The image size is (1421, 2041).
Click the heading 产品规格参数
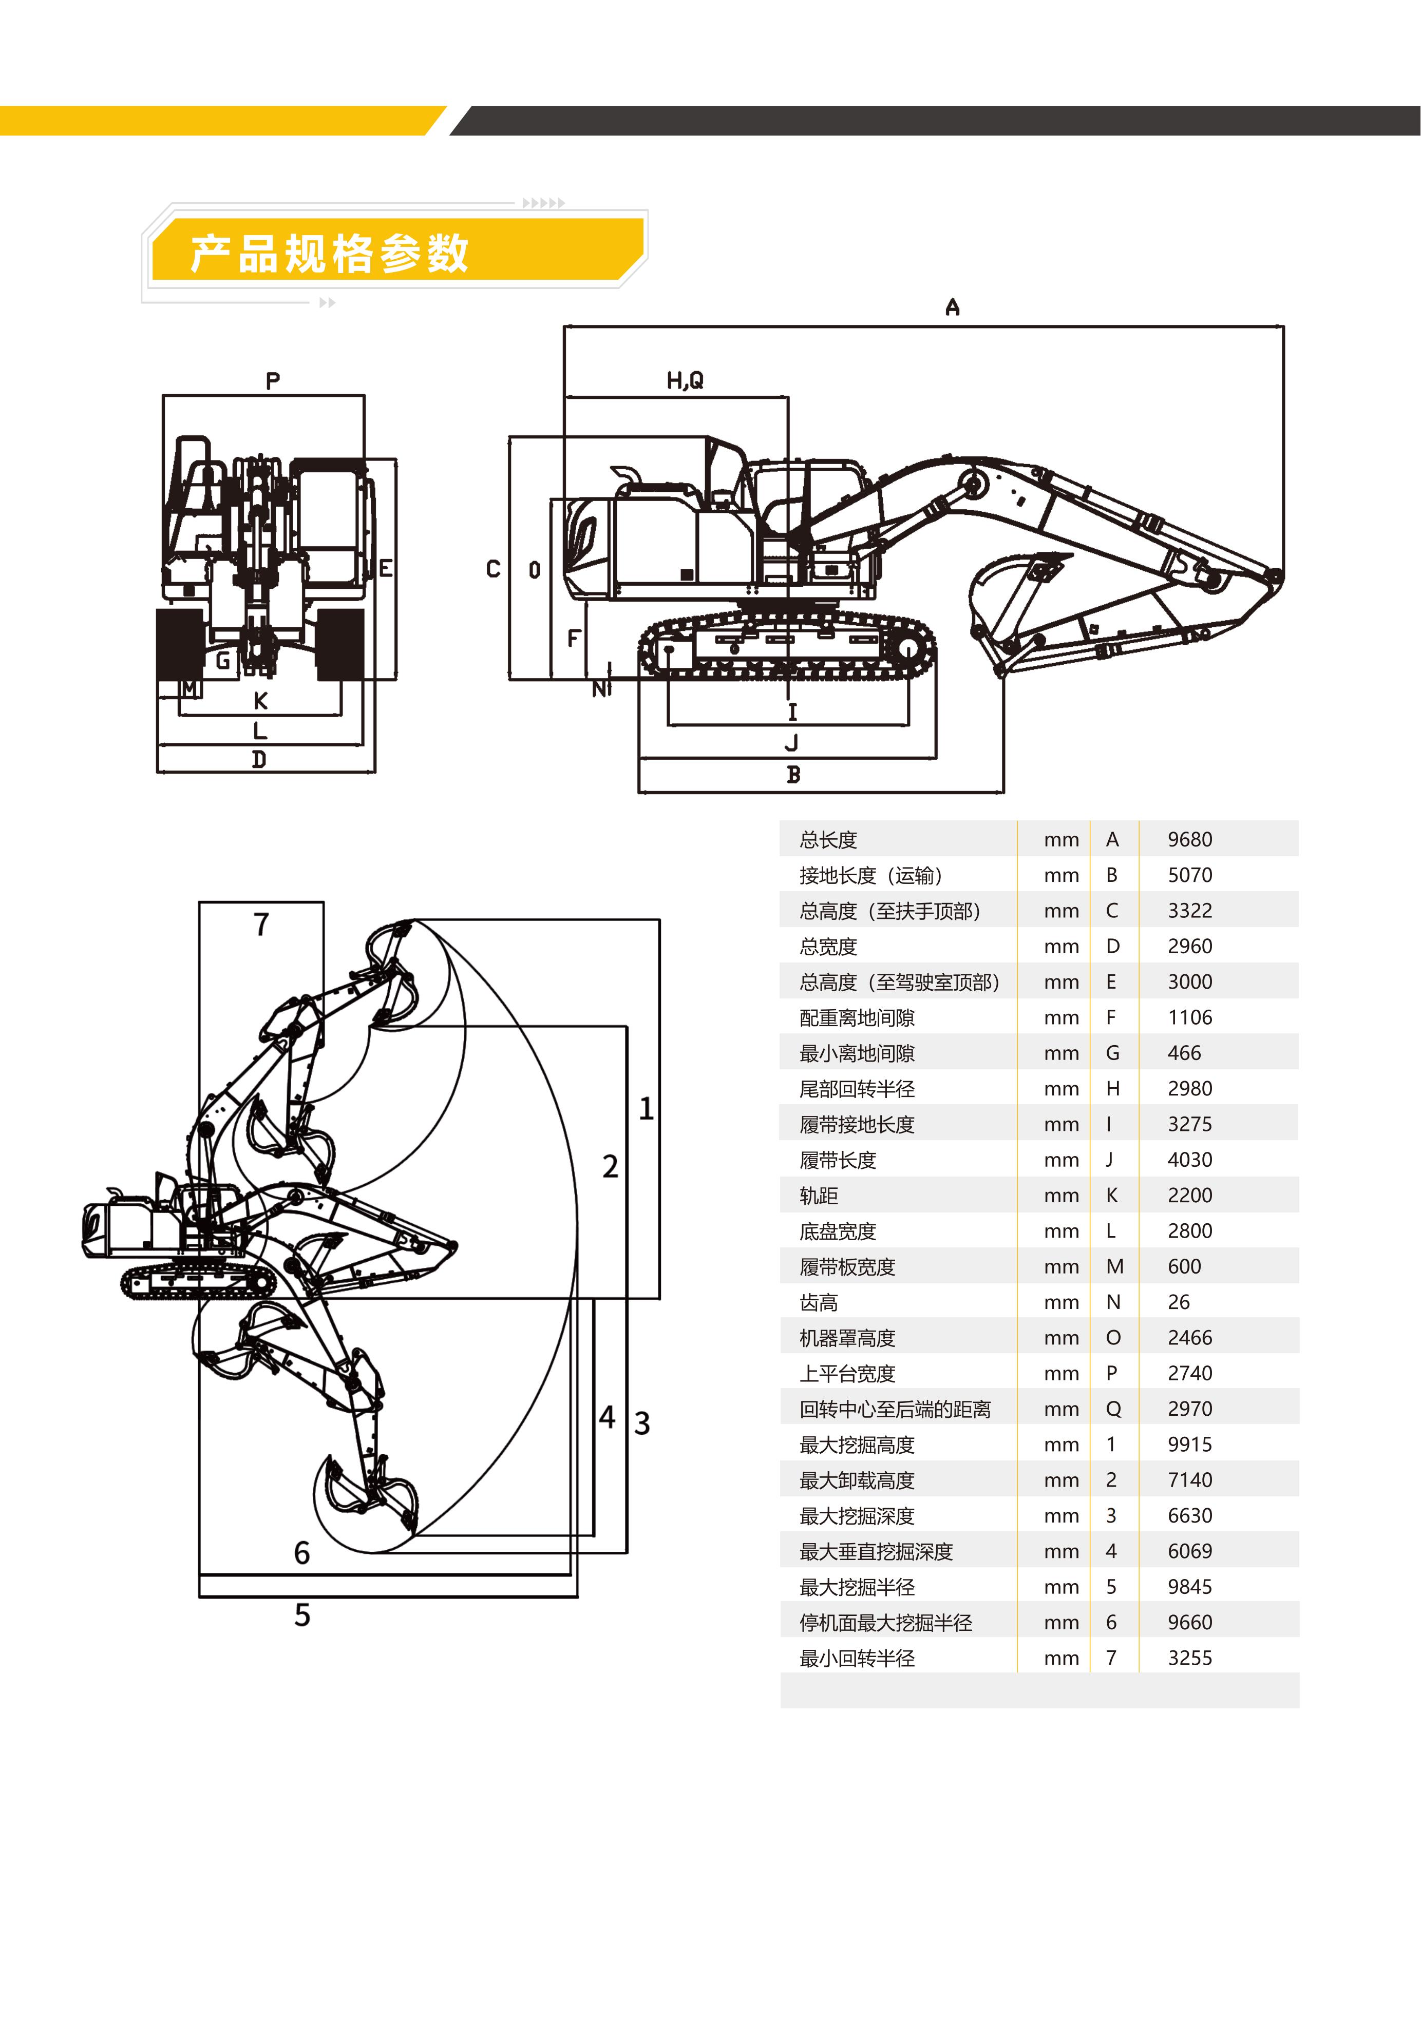point(329,254)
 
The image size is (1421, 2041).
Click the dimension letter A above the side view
point(952,307)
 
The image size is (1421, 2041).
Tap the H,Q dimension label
point(685,380)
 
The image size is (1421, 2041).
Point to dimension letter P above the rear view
point(273,380)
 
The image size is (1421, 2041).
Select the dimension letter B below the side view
point(793,775)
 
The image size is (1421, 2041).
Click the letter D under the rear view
point(259,759)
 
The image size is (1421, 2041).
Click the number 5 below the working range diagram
point(302,1615)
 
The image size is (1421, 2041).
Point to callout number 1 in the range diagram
point(647,1108)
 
